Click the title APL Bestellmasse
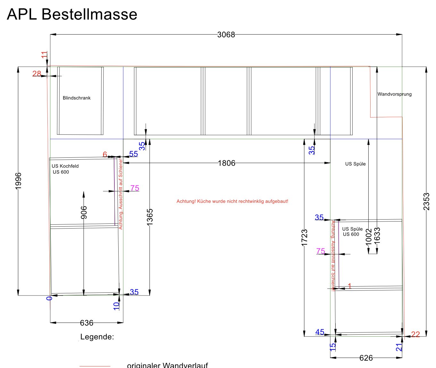72,14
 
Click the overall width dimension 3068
226,35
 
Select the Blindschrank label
77,98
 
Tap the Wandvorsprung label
394,94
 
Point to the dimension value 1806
226,163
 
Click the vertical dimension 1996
18,181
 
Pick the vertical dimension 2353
426,201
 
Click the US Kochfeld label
65,166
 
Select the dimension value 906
84,213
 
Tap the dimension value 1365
150,217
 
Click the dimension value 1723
304,238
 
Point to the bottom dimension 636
87,323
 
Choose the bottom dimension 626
366,358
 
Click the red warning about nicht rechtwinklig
232,201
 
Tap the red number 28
37,74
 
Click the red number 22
415,335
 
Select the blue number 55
133,154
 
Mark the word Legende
97,337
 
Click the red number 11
44,54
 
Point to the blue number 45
320,332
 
